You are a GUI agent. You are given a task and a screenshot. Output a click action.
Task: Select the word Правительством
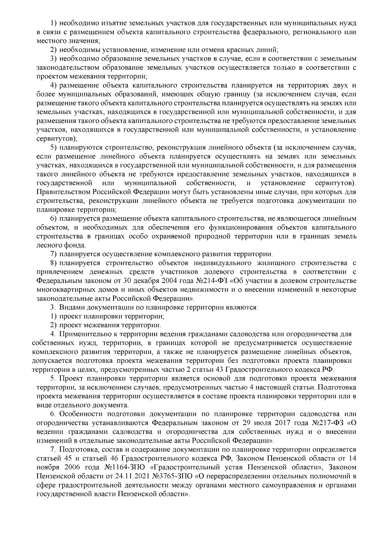pyautogui.click(x=64, y=192)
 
